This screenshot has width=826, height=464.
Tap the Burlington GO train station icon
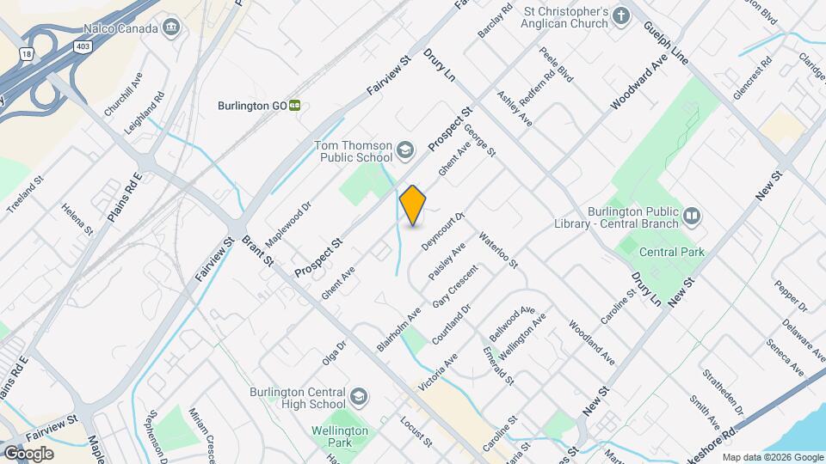click(294, 106)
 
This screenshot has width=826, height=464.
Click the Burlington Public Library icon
click(693, 215)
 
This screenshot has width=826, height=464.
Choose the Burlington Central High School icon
click(358, 397)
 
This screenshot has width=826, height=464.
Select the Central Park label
click(672, 252)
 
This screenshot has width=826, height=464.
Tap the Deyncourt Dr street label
click(443, 230)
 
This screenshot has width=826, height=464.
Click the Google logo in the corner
click(28, 454)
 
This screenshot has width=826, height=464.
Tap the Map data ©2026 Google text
click(772, 457)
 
